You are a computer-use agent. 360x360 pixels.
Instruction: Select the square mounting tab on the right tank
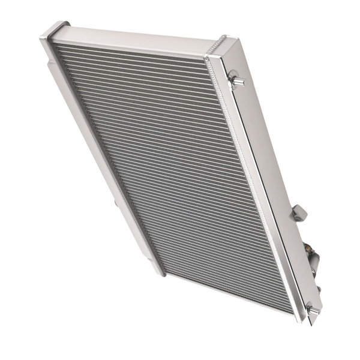click(299, 212)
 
